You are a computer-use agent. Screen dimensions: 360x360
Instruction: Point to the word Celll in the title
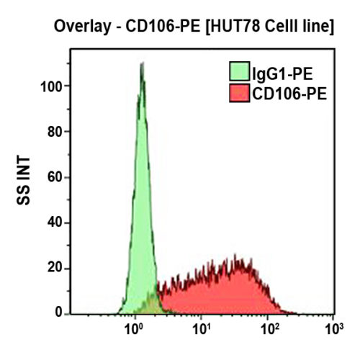coord(277,28)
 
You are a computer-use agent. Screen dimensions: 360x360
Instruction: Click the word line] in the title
coord(318,28)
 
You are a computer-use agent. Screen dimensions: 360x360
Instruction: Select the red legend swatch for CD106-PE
coord(238,93)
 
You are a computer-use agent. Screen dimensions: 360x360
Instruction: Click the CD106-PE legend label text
coord(289,93)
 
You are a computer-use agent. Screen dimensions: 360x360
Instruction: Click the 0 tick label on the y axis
coord(57,314)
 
